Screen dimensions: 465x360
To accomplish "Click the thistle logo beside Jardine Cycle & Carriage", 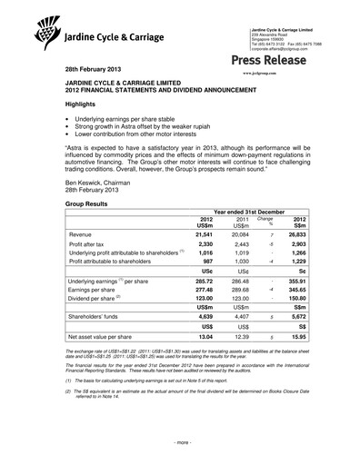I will pos(45,32).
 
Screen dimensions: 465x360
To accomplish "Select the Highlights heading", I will pos(82,104).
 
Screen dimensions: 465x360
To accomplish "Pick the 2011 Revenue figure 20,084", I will pos(235,233).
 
